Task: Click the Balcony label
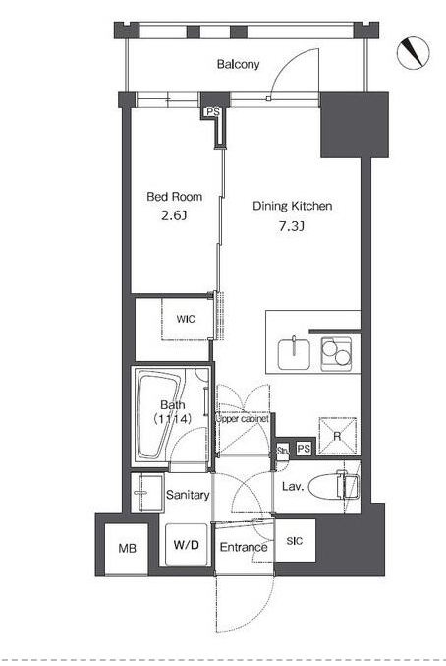238,64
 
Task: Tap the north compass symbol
413,53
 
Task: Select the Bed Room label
174,197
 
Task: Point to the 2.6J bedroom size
174,215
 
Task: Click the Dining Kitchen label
292,206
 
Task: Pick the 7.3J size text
291,226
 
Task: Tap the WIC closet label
186,319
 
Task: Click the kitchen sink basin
294,354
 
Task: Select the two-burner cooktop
336,354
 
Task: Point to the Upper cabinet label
242,419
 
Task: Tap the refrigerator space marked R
337,436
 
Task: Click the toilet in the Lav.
334,486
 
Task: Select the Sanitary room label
188,495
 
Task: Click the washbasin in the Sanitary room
147,493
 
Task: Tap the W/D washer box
186,544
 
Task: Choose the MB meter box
127,549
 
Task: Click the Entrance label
244,547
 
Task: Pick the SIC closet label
295,541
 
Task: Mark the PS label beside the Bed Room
213,112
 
